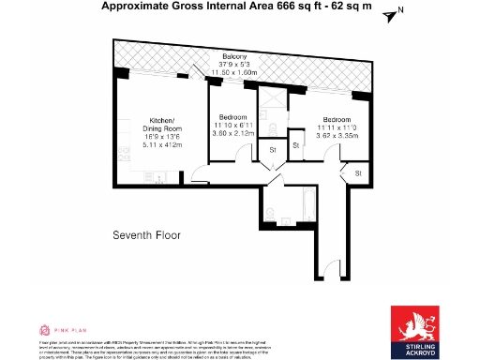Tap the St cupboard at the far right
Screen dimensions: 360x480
click(358, 173)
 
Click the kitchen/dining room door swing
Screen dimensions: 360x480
click(199, 172)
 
